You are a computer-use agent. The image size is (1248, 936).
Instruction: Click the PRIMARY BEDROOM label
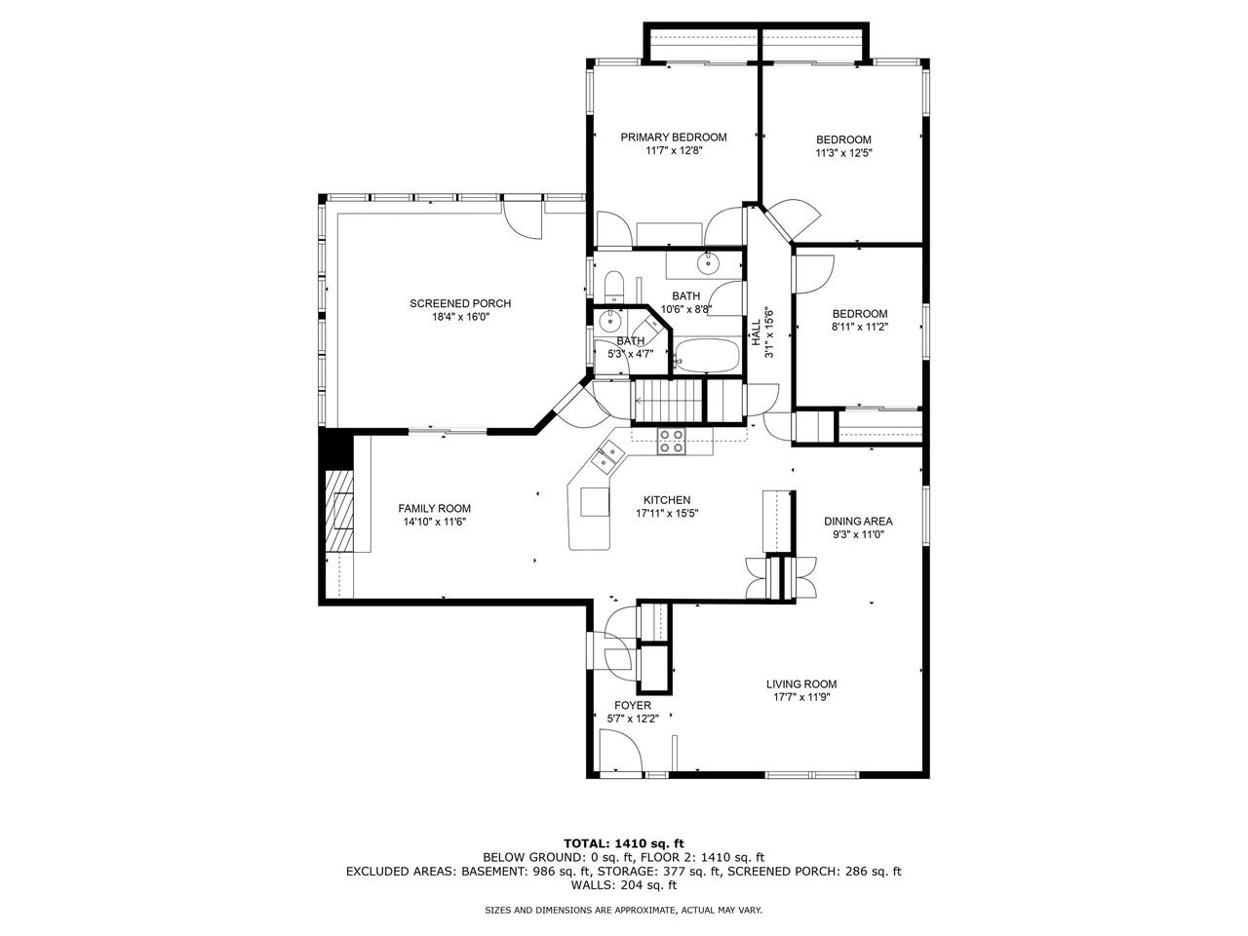point(673,137)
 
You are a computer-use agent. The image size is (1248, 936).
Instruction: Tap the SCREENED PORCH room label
point(459,303)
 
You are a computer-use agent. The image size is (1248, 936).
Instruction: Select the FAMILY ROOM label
point(434,508)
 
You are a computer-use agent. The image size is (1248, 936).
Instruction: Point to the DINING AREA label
point(857,521)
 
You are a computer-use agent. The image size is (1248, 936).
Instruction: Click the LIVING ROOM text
point(800,683)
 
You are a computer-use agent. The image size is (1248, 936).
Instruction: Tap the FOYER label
point(632,705)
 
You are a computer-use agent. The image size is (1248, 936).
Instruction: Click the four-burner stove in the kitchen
point(671,442)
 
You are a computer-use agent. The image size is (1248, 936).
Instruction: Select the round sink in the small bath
point(610,320)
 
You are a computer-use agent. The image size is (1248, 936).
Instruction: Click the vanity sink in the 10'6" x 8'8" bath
point(705,263)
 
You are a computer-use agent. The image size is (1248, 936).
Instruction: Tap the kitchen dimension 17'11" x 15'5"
point(667,513)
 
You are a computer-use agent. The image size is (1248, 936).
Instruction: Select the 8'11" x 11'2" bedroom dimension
point(859,328)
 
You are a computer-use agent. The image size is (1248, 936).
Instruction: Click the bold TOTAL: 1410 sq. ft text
point(624,842)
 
